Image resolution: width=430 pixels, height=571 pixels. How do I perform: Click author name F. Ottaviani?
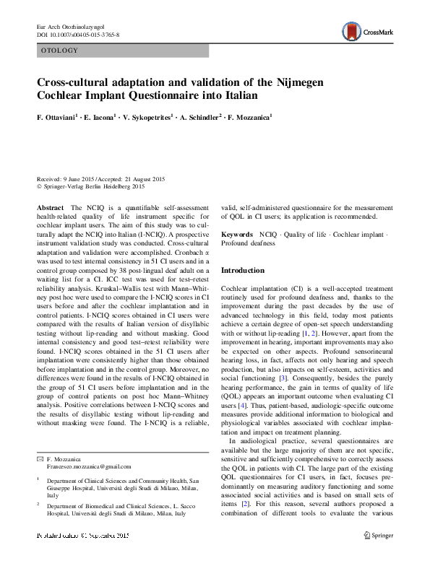(59, 117)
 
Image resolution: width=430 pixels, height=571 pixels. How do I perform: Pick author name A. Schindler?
(199, 117)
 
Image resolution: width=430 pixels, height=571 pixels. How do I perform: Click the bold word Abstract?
(49, 207)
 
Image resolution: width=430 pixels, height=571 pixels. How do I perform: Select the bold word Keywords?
(237, 235)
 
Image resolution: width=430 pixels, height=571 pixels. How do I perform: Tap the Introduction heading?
(243, 270)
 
